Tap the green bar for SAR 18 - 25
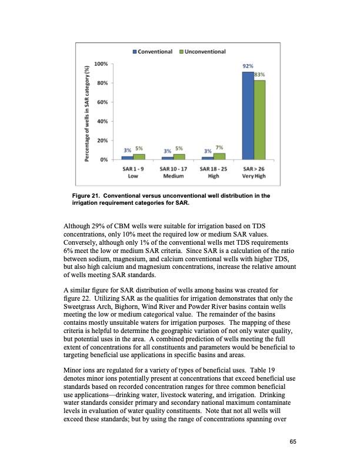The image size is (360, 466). (219, 156)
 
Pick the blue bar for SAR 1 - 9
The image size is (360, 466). (128, 158)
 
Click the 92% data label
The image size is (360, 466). (248, 67)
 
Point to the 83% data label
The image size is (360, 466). (260, 75)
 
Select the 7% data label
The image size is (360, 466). (219, 147)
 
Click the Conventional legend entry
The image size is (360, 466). (152, 52)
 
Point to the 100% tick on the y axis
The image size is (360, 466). (101, 64)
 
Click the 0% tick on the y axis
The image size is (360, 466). (104, 159)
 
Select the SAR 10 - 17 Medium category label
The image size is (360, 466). (174, 172)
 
